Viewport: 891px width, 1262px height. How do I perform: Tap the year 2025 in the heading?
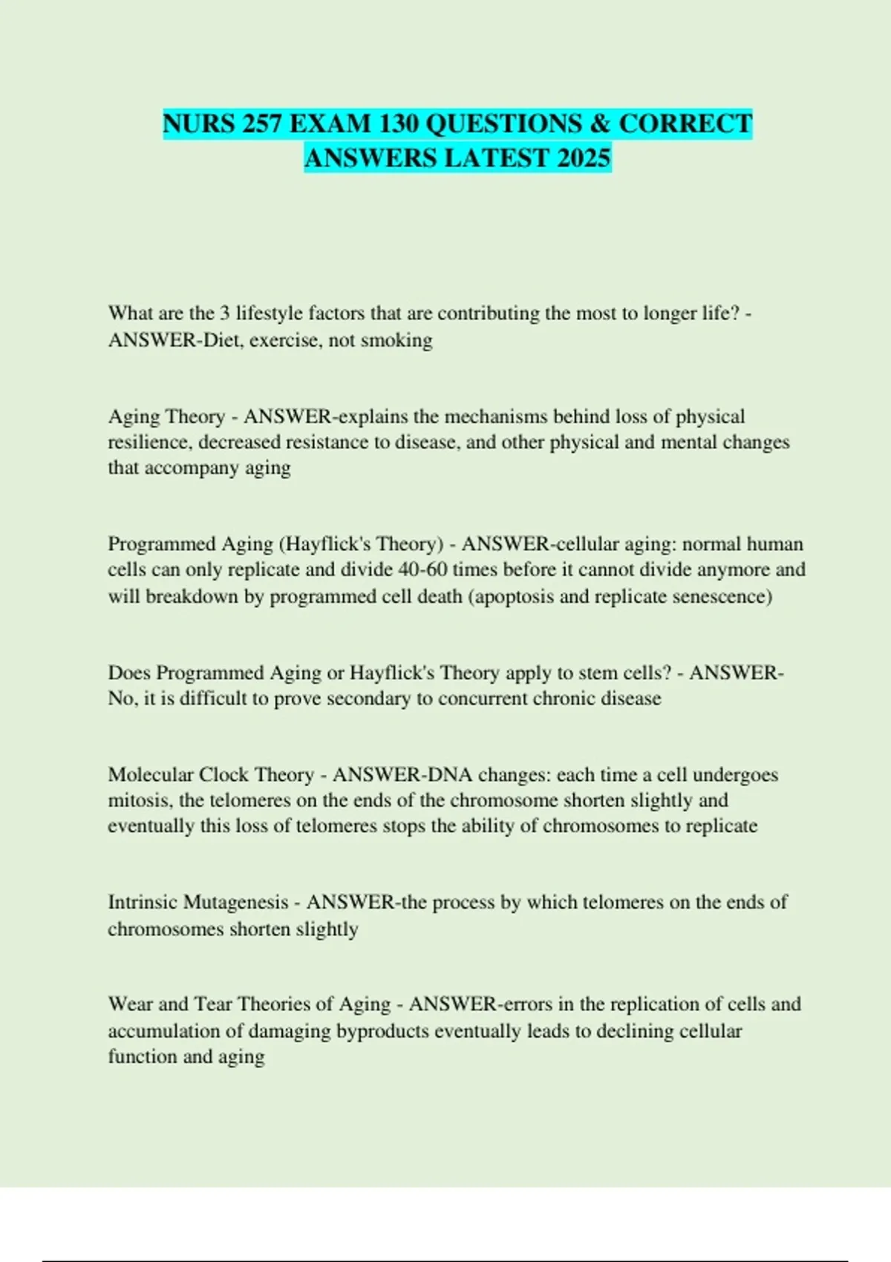[x=581, y=157]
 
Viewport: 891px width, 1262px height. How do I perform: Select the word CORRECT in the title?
[x=685, y=123]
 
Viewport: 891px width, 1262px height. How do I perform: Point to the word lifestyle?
[x=269, y=313]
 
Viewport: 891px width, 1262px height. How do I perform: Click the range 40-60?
[x=420, y=570]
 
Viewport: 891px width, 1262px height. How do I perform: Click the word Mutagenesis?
[x=235, y=902]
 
